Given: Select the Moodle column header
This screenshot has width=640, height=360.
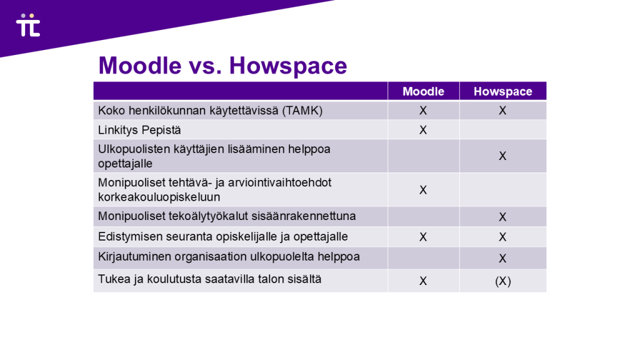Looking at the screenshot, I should point(423,91).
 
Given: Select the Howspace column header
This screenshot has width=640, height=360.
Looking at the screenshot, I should point(502,91).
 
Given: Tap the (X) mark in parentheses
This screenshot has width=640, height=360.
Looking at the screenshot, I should point(502,281).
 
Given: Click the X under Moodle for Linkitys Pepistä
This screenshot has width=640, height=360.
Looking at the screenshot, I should point(423,130).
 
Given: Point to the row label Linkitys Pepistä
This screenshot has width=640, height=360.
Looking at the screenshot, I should point(139,130).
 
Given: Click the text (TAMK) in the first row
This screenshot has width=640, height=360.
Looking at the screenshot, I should point(302,111).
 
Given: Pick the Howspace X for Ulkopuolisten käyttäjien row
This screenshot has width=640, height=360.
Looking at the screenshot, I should point(502,156).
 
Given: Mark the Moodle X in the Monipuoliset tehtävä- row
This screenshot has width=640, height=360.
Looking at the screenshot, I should point(423,190).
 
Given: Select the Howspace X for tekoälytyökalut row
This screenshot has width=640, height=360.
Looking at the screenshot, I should point(502,217).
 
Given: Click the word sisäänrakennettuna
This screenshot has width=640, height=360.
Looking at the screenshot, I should point(304,216).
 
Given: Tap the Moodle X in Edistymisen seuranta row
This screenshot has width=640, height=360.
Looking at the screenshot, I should point(423,237).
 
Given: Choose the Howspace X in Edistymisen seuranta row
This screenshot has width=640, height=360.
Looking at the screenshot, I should point(502,237).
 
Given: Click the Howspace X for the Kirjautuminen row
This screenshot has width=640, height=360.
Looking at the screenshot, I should point(502,258).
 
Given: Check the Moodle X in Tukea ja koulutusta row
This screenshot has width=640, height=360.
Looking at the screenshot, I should point(423,281).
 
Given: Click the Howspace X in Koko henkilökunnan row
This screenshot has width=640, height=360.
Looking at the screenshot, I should point(502,111).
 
